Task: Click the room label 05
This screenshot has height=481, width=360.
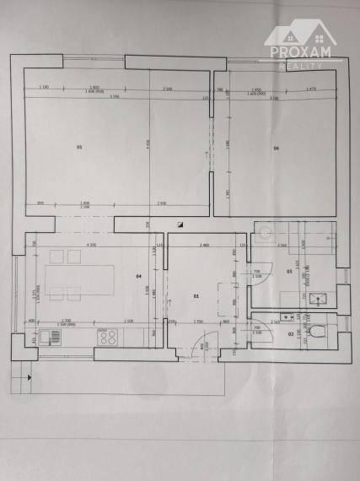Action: click(x=79, y=149)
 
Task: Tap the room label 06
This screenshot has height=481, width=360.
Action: click(x=276, y=149)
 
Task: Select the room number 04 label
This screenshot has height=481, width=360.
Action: click(x=138, y=276)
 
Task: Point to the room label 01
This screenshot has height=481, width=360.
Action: click(x=196, y=296)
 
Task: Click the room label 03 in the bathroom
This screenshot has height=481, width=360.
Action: click(x=289, y=271)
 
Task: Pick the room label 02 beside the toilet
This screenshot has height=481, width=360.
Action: click(x=291, y=335)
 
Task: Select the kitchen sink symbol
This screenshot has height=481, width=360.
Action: click(x=49, y=338)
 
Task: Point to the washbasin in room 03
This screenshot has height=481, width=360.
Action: click(x=319, y=298)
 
